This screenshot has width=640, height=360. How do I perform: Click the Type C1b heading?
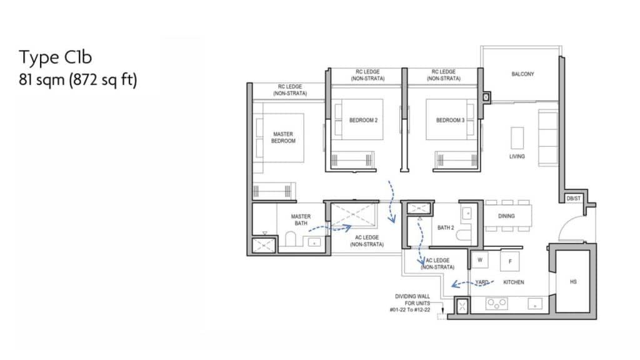tap(55, 57)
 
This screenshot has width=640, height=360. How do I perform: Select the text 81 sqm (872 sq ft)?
tap(78, 79)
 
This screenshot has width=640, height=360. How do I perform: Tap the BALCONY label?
tap(522, 74)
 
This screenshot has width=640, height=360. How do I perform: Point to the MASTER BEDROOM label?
tap(283, 137)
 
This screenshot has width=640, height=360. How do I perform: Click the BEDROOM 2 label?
tap(363, 120)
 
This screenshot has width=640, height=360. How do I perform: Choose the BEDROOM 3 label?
tap(450, 120)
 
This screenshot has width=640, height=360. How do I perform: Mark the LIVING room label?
tap(517, 156)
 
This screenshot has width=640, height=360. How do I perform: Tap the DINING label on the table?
tap(506, 216)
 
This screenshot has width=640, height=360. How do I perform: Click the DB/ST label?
tap(574, 198)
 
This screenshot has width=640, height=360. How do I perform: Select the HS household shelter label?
tap(573, 282)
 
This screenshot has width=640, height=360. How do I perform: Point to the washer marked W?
tap(480, 259)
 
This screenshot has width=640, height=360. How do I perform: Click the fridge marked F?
tap(510, 261)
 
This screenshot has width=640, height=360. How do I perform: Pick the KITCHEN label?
tap(514, 282)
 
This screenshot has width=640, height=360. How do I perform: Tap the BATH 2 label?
tap(445, 227)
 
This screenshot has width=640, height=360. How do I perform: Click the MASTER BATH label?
tap(301, 219)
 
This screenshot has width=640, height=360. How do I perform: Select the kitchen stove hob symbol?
tap(497, 303)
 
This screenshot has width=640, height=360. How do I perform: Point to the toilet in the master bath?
tap(290, 239)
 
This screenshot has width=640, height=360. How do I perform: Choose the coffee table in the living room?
tap(517, 138)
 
